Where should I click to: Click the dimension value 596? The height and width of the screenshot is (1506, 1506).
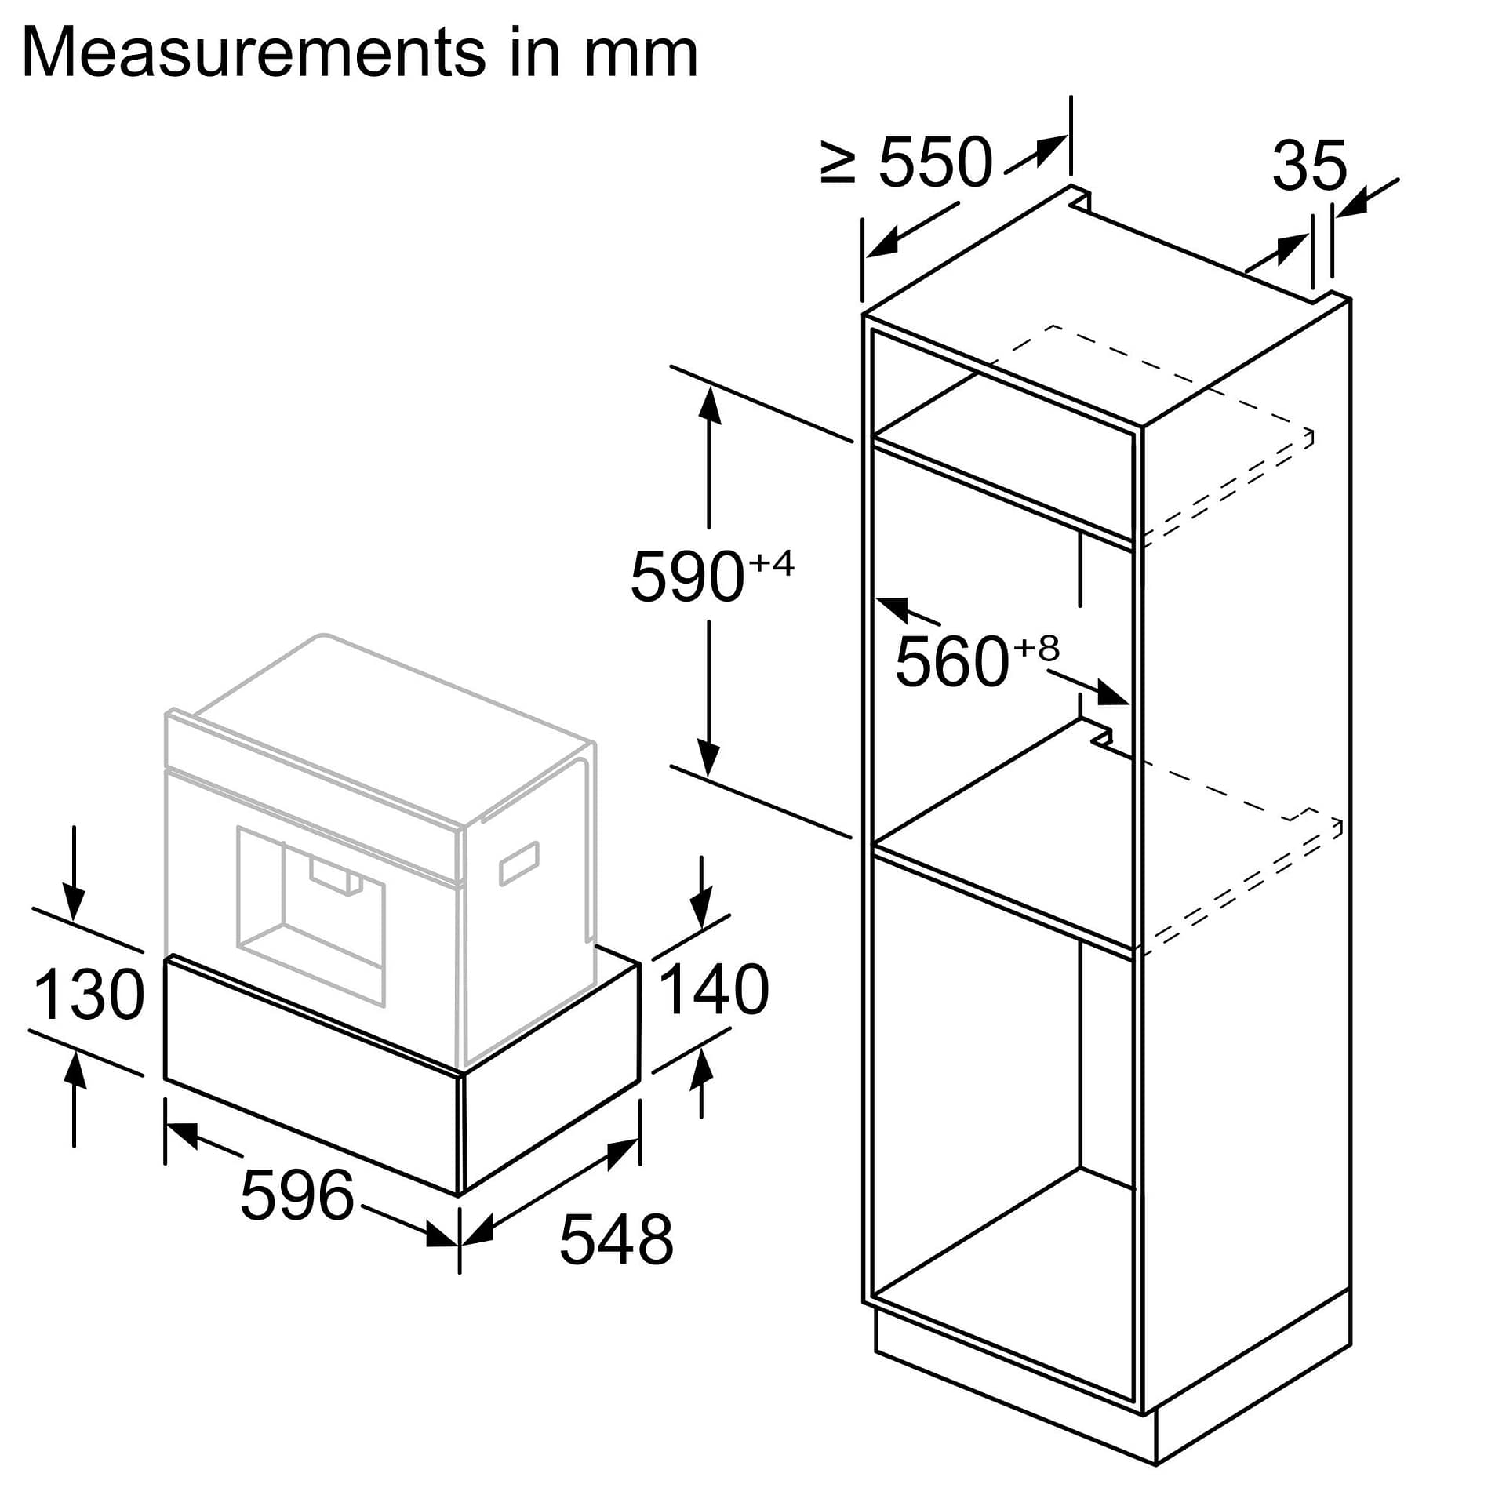pyautogui.click(x=297, y=1195)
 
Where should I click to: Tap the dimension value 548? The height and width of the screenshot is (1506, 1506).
pyautogui.click(x=616, y=1239)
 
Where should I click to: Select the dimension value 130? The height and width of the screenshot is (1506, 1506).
pyautogui.click(x=89, y=995)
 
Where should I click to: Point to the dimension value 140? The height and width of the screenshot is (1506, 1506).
pyautogui.click(x=714, y=990)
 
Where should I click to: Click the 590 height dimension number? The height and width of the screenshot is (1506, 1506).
pyautogui.click(x=686, y=577)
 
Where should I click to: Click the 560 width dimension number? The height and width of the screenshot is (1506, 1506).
pyautogui.click(x=951, y=662)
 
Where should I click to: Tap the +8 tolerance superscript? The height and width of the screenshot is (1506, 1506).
pyautogui.click(x=1036, y=649)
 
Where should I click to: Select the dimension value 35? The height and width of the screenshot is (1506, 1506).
pyautogui.click(x=1309, y=166)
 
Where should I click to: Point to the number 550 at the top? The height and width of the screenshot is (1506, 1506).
pyautogui.click(x=935, y=163)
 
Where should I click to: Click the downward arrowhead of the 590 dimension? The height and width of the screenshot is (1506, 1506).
pyautogui.click(x=709, y=758)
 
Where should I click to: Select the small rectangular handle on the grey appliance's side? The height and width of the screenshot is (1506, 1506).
pyautogui.click(x=519, y=863)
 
